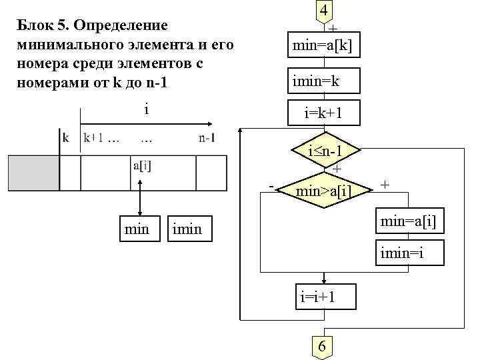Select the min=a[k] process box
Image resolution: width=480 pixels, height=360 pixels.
tap(323, 45)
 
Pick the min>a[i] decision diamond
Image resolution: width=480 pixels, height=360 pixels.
tap(323, 192)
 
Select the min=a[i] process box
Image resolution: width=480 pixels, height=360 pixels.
tap(407, 221)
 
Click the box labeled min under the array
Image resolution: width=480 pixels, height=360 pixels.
tap(137, 229)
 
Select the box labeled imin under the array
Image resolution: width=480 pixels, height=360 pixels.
tap(187, 229)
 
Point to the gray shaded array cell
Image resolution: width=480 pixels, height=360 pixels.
tap(33, 173)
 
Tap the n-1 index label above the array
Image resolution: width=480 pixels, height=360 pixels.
tap(207, 139)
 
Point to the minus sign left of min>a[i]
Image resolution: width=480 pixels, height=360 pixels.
tap(271, 184)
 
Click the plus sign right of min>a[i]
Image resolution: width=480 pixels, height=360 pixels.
tap(386, 183)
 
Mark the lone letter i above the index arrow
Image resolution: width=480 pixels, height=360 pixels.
tap(146, 107)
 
